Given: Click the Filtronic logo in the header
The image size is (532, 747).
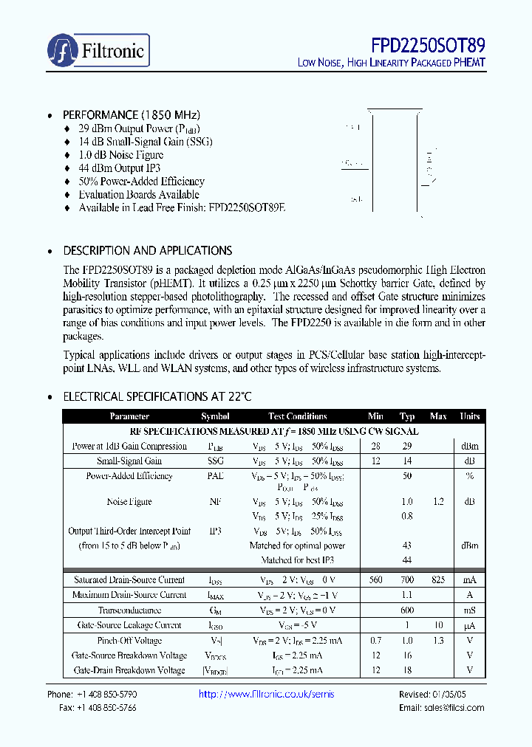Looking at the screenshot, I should pos(98,50).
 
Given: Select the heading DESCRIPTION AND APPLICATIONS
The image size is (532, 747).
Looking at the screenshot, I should pos(147,250).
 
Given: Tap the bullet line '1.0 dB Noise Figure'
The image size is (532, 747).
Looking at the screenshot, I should pos(120,155).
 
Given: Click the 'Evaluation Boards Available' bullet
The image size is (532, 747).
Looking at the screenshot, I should pos(138,195).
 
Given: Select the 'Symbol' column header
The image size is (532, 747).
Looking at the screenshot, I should pos(215,416).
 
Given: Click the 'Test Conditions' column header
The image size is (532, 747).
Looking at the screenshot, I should pos(298,416).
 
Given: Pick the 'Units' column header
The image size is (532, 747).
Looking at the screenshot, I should pos(469,416).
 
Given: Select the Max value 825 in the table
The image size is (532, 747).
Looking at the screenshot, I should pos(438,580).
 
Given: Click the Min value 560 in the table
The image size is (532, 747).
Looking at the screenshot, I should pos(375,580).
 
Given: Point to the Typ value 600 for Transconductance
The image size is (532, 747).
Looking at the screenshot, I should pos(407,610).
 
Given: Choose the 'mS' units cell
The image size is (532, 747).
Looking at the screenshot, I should pos(469,610).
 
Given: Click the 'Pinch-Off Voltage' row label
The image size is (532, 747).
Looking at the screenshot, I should pos(129,641).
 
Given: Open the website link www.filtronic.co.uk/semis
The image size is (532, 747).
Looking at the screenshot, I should pos(267,695).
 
